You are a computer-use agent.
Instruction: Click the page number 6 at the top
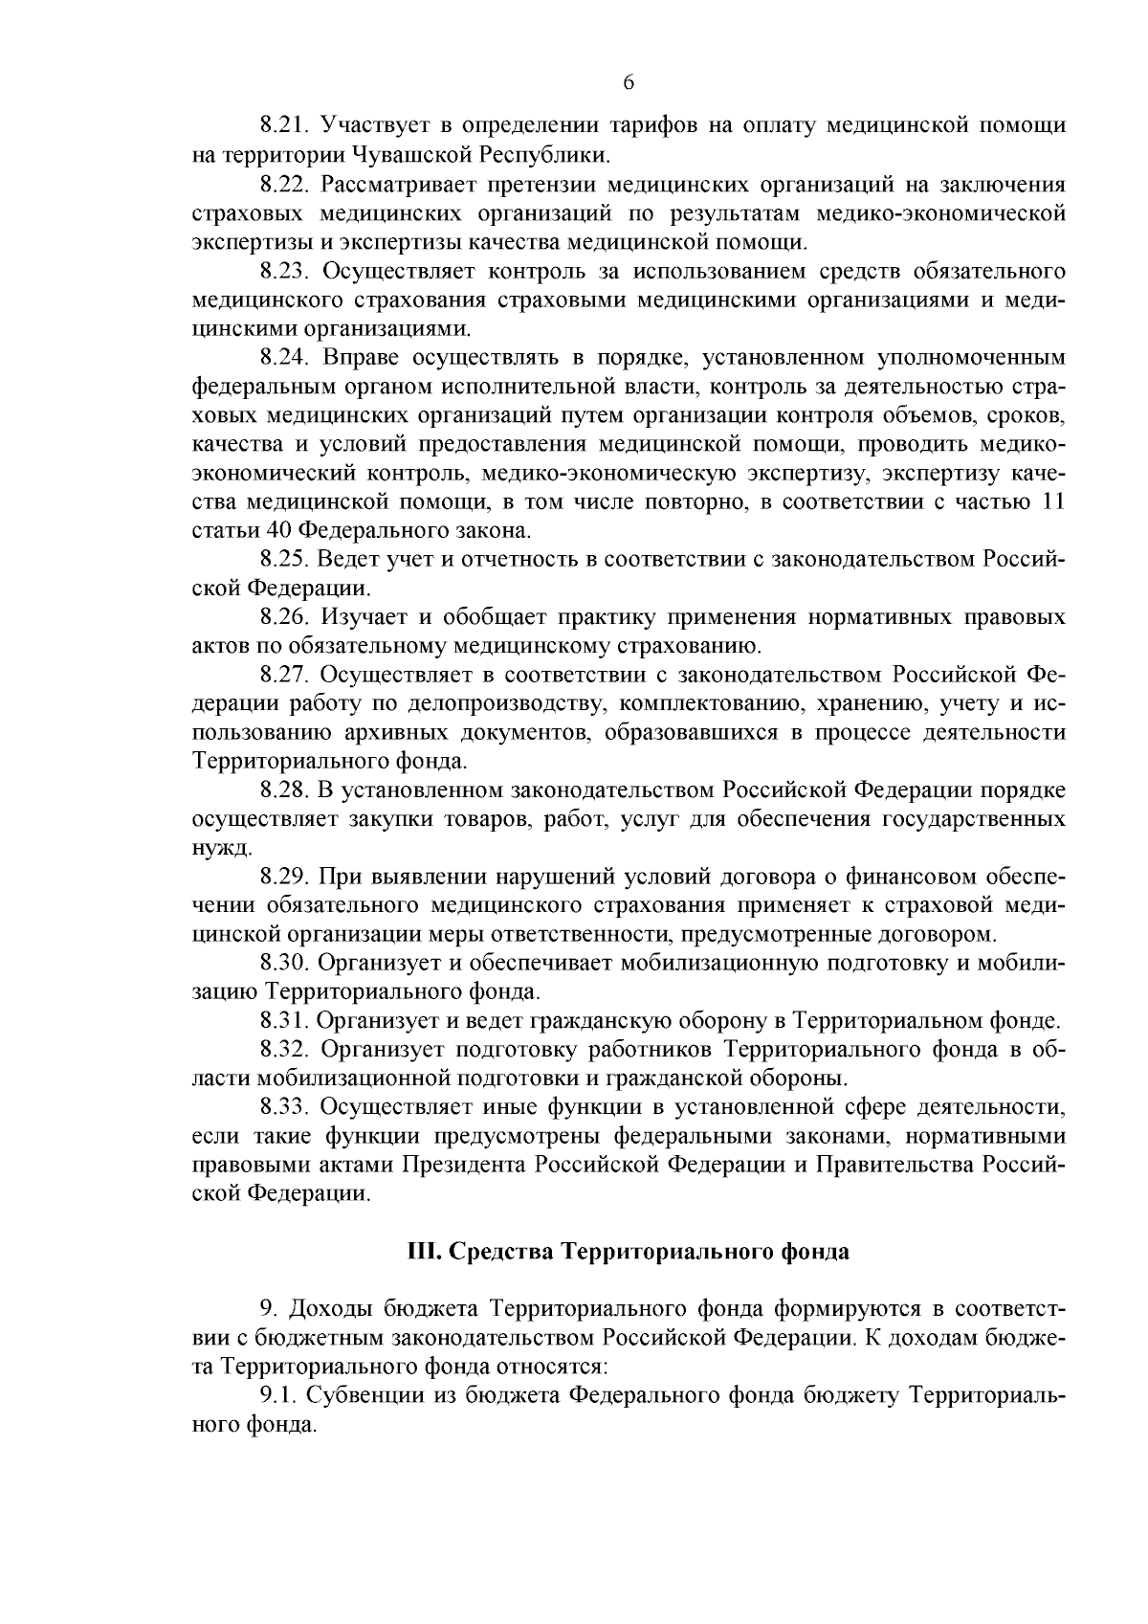pyautogui.click(x=629, y=83)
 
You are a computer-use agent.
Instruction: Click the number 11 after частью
pyautogui.click(x=1051, y=502)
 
